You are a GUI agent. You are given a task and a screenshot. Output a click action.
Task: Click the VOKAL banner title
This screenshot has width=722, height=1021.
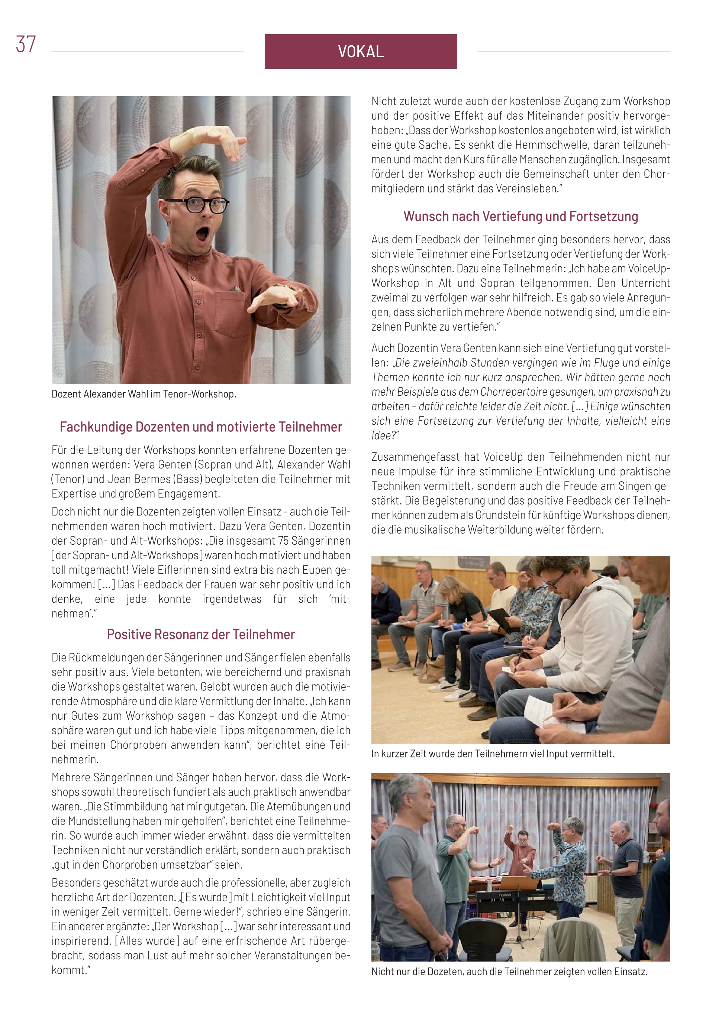coord(360,52)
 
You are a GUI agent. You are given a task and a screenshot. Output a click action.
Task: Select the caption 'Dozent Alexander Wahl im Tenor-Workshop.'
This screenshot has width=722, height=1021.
coord(144,394)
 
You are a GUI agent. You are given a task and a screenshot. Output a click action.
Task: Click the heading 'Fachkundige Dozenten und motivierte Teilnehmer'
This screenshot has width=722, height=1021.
coord(201,427)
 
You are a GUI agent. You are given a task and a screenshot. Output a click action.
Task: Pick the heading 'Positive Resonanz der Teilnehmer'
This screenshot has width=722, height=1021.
coord(201,634)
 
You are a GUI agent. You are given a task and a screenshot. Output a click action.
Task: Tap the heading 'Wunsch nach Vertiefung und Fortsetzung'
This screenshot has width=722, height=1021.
coord(520,216)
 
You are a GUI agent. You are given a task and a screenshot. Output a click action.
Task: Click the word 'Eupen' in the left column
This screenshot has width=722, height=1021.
coord(306,570)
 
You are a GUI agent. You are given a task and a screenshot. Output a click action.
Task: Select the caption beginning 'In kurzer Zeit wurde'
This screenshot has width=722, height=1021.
coord(493,754)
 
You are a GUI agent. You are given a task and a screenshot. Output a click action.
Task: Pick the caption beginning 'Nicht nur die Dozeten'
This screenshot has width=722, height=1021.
coord(509,972)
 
